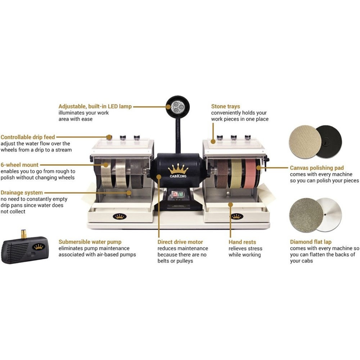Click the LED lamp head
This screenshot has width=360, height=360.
coord(177,107)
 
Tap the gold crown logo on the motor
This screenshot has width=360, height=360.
coord(178,169)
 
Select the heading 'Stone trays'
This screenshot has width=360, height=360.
coord(225,106)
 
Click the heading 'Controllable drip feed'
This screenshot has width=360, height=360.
coord(28,137)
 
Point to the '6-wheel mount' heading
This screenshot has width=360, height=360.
coord(19,165)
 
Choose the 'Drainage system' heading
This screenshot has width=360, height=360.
coord(22,193)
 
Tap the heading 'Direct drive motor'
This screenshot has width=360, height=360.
coord(180,242)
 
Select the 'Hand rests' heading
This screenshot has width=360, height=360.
coord(242,242)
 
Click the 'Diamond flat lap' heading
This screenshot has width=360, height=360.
coord(311,242)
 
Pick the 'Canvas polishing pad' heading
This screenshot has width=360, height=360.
coord(317,168)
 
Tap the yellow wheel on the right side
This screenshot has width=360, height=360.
coord(237,174)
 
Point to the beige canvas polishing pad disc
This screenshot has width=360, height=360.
coord(305,141)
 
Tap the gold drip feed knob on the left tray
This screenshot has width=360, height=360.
coord(109,137)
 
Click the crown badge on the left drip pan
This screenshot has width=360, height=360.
coord(120,216)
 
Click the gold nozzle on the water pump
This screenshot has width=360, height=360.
coord(23,234)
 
